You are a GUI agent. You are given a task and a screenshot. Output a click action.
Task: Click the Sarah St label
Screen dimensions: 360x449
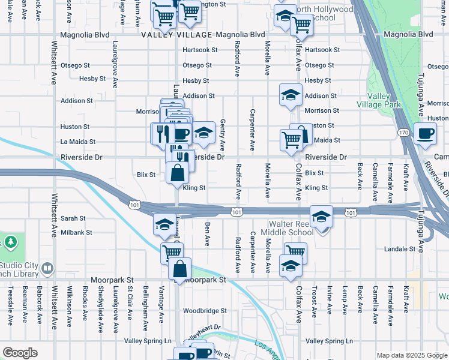(x=73, y=218)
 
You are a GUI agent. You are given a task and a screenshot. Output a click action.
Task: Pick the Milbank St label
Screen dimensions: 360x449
(x=76, y=232)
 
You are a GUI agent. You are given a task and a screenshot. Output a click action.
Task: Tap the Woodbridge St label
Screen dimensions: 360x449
(x=205, y=311)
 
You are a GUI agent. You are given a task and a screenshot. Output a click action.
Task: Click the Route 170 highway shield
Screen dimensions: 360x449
(x=403, y=132)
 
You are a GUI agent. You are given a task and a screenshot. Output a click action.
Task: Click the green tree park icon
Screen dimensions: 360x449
(x=10, y=242)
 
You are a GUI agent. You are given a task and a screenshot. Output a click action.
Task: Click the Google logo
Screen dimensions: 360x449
(x=20, y=353)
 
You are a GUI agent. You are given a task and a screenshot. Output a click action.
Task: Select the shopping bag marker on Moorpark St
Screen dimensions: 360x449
(x=179, y=270)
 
